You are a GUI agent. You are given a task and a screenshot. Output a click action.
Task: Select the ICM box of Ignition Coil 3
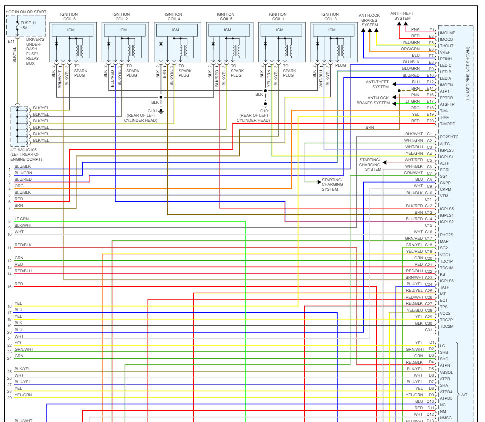(332, 30)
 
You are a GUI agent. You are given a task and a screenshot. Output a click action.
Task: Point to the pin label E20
(431, 121)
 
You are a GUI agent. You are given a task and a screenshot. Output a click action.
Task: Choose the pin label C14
(428, 219)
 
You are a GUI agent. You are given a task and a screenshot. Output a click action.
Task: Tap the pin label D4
(432, 362)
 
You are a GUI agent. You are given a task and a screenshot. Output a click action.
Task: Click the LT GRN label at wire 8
(22, 219)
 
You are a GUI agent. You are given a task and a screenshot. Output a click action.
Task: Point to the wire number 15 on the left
(9, 287)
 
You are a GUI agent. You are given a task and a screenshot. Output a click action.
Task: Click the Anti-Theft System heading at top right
(402, 16)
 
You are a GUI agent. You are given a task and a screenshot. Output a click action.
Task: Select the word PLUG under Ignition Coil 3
(340, 65)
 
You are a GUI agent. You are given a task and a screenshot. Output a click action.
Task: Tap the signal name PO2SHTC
(449, 137)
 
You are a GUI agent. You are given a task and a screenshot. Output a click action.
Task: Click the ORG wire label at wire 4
(19, 186)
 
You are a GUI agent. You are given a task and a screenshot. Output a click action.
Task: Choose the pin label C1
(429, 134)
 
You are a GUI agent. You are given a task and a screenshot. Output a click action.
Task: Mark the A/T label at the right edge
(464, 395)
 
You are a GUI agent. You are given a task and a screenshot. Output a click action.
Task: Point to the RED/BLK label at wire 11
(23, 245)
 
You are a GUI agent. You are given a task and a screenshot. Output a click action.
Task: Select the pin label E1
(432, 30)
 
